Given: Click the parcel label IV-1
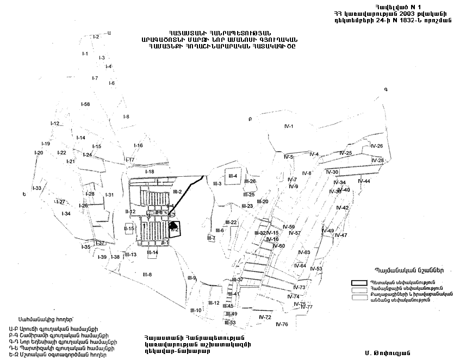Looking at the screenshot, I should click(x=288, y=127).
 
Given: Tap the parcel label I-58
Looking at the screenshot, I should click(x=85, y=104).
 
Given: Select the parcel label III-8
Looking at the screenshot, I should click(x=147, y=274).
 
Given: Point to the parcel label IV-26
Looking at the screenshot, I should click(x=376, y=146).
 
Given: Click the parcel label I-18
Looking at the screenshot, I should click(x=150, y=172).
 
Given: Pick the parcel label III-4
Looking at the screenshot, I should click(x=233, y=176).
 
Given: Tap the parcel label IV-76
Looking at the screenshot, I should click(x=282, y=324).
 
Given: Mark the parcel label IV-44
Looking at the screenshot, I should click(x=364, y=181).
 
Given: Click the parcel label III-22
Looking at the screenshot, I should click(x=231, y=222).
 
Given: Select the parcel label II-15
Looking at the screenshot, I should click(x=128, y=229).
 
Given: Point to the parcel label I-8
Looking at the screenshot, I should click(x=126, y=117).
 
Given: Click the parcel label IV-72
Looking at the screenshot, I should click(x=265, y=317).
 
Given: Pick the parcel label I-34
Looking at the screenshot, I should click(x=66, y=214).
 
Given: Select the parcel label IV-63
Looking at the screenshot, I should click(x=304, y=252).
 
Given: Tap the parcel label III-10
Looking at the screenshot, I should click(x=196, y=310).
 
